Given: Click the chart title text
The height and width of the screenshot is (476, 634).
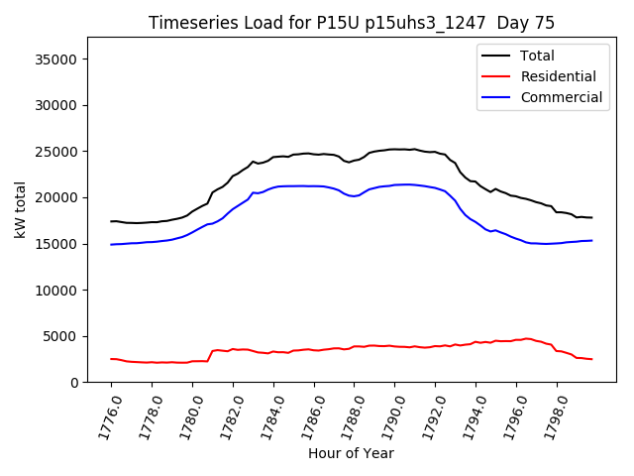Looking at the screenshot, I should pos(352,23).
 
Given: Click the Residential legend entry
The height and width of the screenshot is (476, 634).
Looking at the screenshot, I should pos(558,76).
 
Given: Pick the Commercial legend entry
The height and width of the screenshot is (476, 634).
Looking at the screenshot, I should pos(561,97).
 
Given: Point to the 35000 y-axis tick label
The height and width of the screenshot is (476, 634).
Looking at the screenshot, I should pos(56,59).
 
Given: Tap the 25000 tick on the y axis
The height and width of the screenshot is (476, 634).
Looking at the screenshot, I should pos(56,152).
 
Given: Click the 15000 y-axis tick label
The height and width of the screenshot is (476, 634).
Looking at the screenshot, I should pos(56,244).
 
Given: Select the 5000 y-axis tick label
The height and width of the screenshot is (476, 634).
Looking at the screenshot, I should pos(60,336).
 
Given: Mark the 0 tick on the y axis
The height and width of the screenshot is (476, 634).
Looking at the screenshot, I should pos(74,383).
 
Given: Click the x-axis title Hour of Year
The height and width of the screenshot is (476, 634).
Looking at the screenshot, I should pos(352,453).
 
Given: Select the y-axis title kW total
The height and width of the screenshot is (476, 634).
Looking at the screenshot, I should pos(20,210).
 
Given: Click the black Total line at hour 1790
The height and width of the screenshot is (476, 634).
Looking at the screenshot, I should pos(395,149).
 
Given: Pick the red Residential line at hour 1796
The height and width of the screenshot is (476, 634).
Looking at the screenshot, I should pos(516,339).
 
